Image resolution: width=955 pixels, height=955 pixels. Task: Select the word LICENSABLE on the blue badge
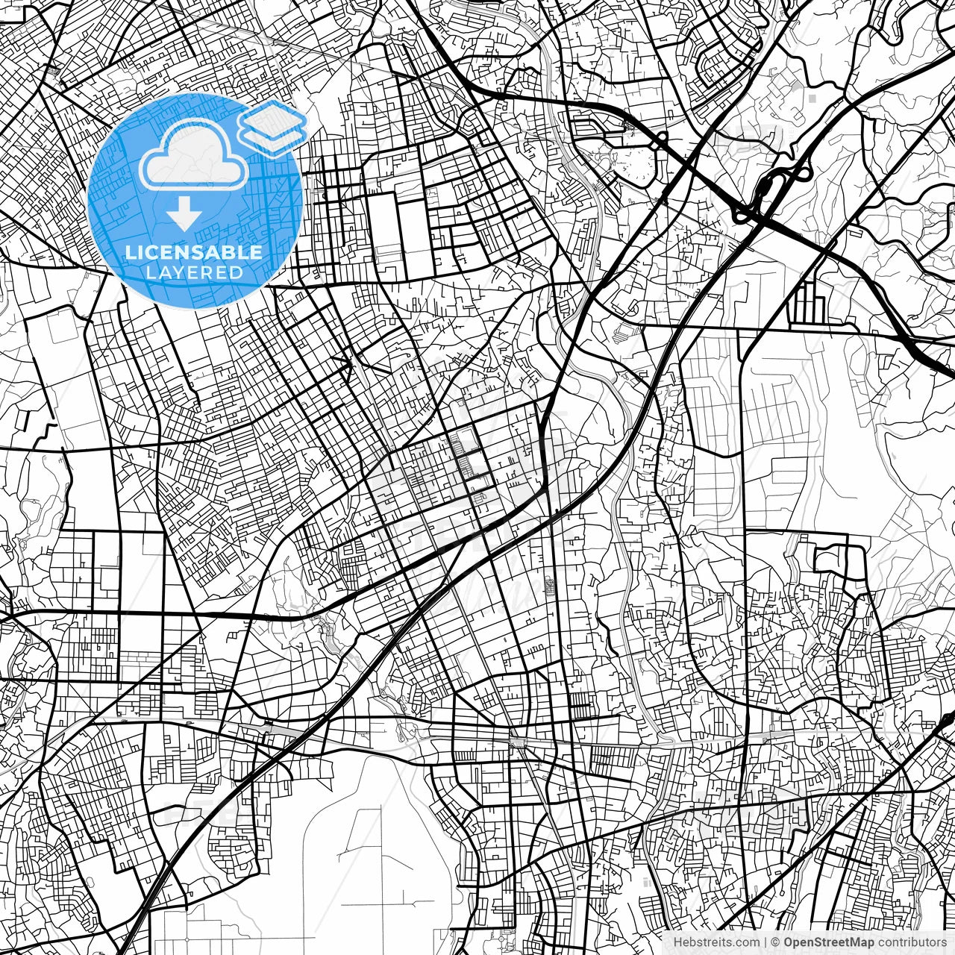click(194, 252)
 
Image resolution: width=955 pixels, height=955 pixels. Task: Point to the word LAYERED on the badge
click(194, 272)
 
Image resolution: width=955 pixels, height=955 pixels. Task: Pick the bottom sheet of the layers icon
click(272, 137)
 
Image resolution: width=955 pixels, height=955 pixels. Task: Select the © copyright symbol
click(776, 942)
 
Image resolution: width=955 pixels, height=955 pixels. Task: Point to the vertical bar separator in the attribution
click(766, 942)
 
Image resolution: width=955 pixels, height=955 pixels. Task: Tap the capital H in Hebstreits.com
click(677, 942)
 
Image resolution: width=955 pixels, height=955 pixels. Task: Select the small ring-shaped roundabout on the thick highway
click(661, 137)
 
